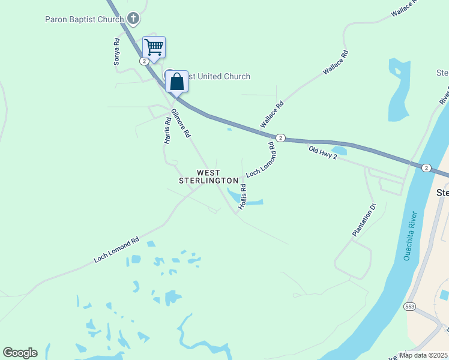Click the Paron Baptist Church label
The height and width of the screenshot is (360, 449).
click(x=84, y=19)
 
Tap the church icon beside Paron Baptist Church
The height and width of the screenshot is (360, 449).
click(x=133, y=19)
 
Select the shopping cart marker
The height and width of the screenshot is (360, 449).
click(x=154, y=47)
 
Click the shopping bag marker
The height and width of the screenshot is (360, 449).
click(x=177, y=82)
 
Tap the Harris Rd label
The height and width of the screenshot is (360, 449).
click(x=167, y=130)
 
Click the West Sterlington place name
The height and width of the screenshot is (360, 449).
click(x=205, y=176)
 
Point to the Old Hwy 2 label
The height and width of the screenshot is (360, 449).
click(x=324, y=152)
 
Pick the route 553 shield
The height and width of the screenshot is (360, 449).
click(x=410, y=307)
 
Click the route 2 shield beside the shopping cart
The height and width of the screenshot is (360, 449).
click(x=144, y=61)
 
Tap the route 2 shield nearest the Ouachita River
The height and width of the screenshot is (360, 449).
click(x=426, y=167)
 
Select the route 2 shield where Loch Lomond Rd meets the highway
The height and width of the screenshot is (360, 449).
click(x=281, y=137)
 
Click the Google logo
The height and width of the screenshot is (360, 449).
click(x=20, y=353)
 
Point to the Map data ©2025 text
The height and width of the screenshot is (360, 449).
click(x=424, y=355)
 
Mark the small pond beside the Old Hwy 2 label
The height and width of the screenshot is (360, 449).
click(x=339, y=150)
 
